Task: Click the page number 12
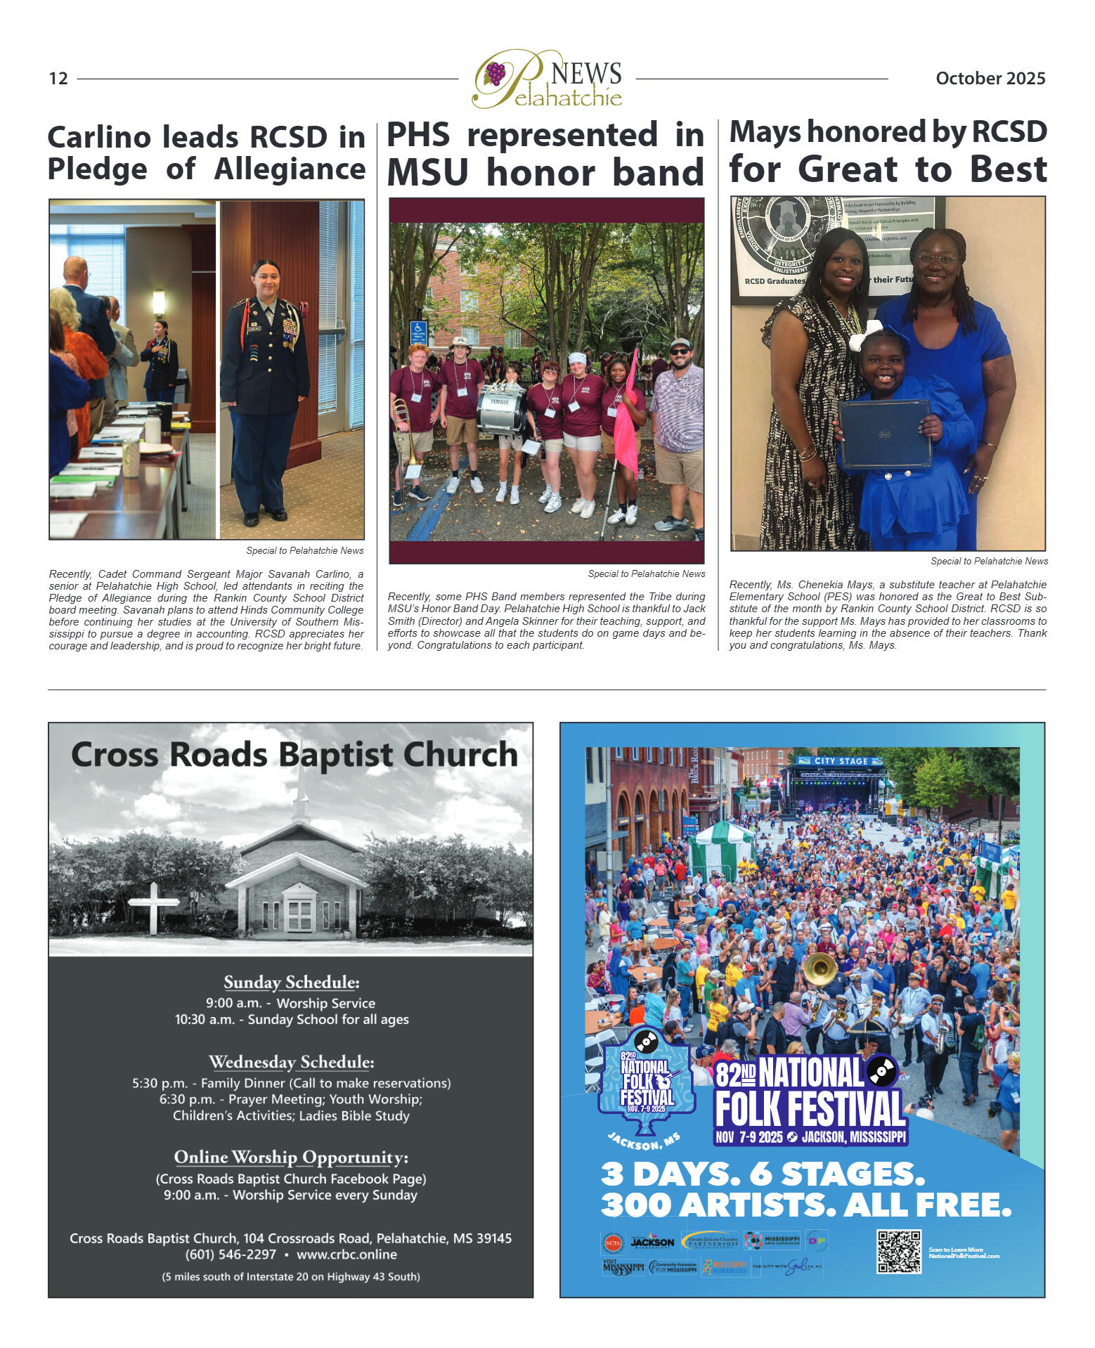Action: [58, 78]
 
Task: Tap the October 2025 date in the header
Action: [990, 78]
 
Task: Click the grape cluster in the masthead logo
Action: [495, 73]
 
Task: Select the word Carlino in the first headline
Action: [99, 137]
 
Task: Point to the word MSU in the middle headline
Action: [427, 172]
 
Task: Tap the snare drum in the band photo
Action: [500, 410]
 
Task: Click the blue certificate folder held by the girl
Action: [884, 433]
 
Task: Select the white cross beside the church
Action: [153, 906]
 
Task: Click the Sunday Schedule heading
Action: [292, 982]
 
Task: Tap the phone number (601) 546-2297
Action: [231, 1254]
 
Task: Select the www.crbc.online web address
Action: [346, 1254]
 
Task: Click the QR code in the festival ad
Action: [898, 1251]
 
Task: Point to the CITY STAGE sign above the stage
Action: [840, 760]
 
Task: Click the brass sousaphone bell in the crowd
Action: [819, 969]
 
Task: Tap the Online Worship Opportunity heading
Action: [291, 1157]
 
